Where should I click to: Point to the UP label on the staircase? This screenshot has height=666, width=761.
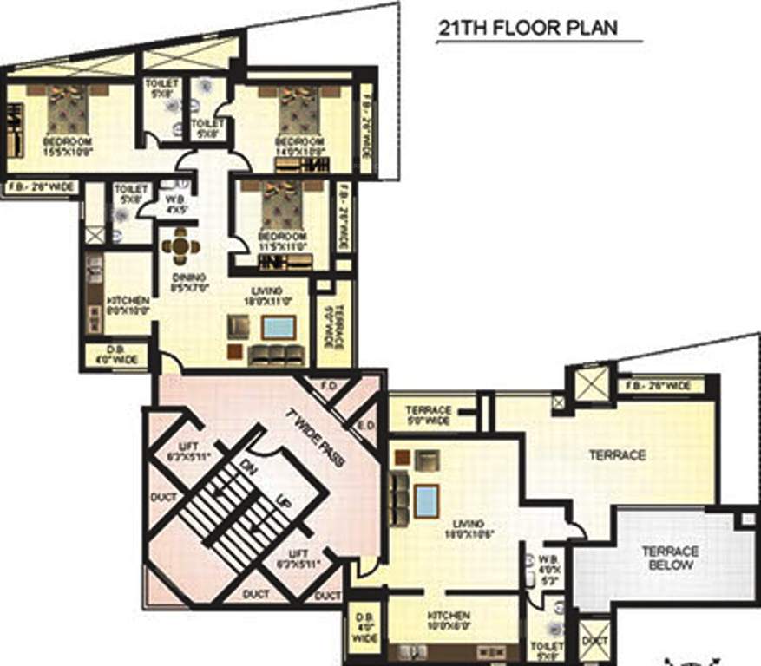(x=282, y=503)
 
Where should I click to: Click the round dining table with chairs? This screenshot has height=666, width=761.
(x=180, y=247)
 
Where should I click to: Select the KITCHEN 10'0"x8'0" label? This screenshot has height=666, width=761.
(x=448, y=619)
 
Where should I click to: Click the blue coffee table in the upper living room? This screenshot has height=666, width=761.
(x=278, y=327)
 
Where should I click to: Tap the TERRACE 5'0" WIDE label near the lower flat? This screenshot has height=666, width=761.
(x=428, y=415)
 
